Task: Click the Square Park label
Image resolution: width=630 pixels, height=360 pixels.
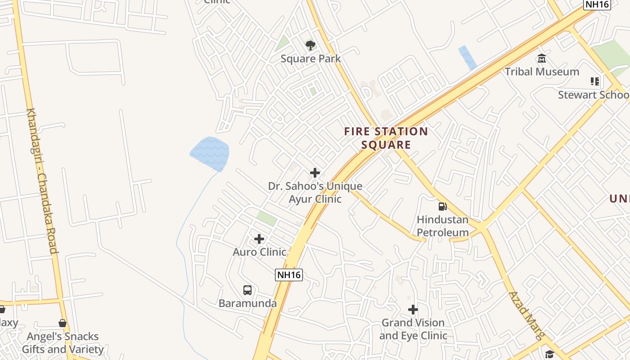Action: [310, 58]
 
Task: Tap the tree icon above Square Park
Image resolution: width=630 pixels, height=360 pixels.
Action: [310, 45]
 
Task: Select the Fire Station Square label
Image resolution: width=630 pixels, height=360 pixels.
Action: [386, 138]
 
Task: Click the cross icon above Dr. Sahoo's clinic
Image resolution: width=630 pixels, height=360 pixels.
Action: [315, 173]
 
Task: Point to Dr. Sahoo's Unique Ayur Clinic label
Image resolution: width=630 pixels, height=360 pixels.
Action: [315, 193]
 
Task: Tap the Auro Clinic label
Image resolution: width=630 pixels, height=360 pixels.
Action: [260, 252]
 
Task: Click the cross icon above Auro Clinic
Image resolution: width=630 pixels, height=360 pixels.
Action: [259, 239]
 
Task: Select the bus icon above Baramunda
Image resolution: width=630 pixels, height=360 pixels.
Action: [247, 290]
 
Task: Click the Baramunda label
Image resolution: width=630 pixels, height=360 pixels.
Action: [247, 303]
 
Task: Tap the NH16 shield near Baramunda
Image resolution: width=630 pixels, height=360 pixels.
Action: [289, 274]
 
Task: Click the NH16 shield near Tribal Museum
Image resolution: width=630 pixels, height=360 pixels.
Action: [597, 4]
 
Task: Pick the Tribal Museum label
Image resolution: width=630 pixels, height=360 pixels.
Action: [542, 72]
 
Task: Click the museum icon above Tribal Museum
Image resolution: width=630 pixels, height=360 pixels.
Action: [542, 58]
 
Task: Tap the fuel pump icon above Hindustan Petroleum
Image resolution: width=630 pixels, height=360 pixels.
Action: [443, 207]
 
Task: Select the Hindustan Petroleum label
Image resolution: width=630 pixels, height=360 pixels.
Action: [443, 226]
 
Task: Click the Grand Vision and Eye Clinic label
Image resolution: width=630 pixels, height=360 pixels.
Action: [413, 329]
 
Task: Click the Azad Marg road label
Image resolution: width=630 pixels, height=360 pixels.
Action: [526, 315]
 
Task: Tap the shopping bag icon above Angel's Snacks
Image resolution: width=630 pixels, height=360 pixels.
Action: [63, 323]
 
